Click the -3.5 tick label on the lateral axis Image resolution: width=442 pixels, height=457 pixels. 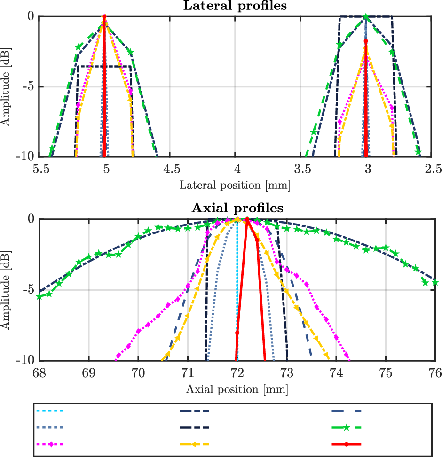pos(301,168)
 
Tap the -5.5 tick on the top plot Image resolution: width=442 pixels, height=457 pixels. pos(39,168)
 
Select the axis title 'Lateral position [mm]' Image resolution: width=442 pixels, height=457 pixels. pos(235,185)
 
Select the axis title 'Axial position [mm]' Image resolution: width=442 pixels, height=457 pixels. pos(237,389)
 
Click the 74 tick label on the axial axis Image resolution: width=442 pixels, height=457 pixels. pos(336,372)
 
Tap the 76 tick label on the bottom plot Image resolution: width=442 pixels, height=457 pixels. pos(435,372)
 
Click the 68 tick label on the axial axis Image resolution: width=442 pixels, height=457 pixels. pos(39,372)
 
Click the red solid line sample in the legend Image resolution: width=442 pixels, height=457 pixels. pos(346,444)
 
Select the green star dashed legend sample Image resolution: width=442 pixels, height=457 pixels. pos(346,427)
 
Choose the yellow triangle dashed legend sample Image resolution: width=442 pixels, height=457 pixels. pos(194,444)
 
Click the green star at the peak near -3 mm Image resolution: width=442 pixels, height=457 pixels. pos(366,16)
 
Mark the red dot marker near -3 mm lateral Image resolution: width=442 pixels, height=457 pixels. pos(366,41)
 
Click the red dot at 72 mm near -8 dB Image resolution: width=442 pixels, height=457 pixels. pos(237,333)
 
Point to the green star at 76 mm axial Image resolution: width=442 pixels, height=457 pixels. pos(435,282)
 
